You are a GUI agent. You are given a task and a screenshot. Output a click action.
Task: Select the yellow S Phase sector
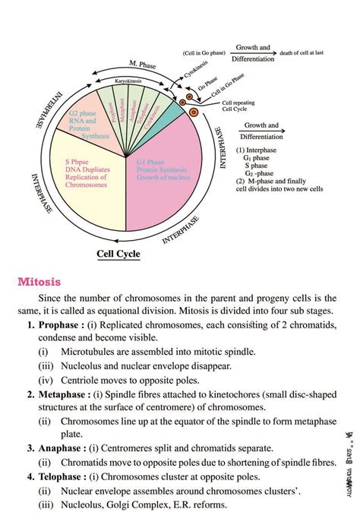tap(84, 186)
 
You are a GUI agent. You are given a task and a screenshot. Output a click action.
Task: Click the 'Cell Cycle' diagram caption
tap(119, 255)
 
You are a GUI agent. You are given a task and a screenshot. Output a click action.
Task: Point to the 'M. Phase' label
tap(142, 64)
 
